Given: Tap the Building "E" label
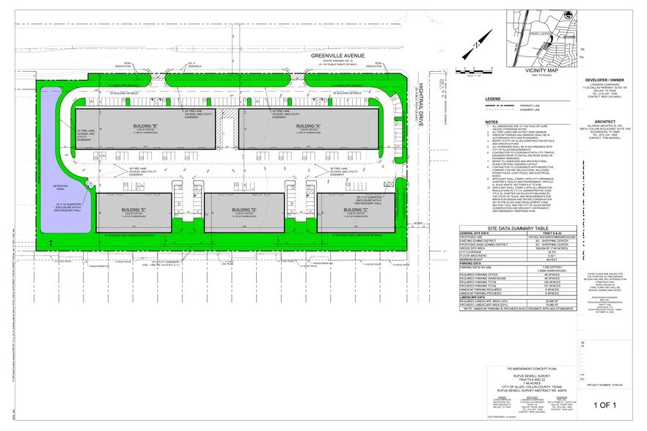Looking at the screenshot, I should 133,210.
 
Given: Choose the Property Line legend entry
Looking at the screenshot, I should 532,106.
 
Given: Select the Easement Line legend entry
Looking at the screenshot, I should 532,113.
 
